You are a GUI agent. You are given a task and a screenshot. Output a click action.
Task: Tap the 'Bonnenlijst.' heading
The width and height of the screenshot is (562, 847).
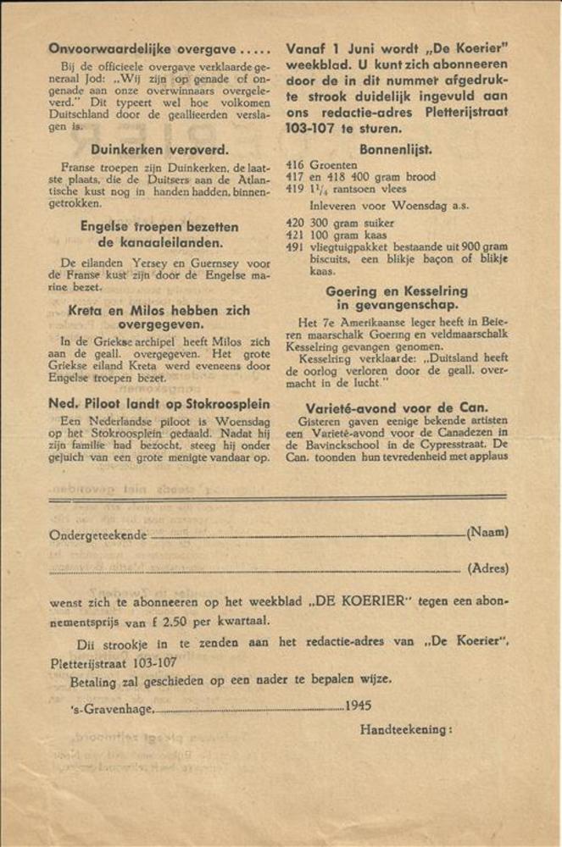coord(396,149)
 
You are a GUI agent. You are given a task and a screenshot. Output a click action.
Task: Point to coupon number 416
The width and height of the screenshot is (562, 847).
coord(295,165)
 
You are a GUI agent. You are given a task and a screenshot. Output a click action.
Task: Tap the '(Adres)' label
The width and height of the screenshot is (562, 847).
coord(487,569)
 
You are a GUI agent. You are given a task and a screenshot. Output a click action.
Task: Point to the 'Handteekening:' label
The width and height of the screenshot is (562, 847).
coord(406,729)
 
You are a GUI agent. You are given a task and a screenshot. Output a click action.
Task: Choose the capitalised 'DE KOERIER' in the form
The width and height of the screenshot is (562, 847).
coord(359,602)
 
